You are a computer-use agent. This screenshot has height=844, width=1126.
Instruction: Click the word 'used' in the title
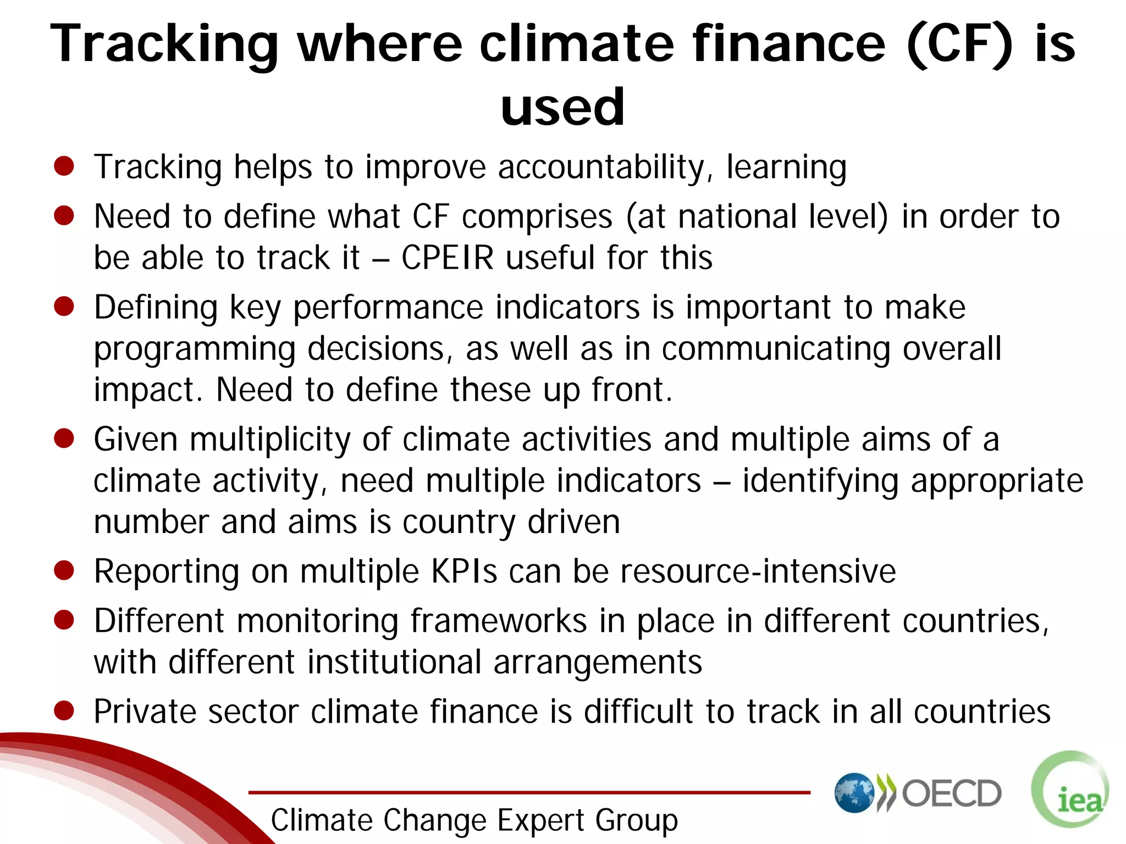click(562, 107)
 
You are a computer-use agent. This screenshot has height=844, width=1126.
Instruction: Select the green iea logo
click(1070, 790)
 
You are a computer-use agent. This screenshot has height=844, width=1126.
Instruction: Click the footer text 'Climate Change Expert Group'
click(474, 820)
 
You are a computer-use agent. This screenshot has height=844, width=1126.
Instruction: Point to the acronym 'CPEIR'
click(448, 257)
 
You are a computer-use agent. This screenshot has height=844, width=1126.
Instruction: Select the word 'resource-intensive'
click(758, 571)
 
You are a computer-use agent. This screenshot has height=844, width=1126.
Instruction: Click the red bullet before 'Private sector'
click(64, 710)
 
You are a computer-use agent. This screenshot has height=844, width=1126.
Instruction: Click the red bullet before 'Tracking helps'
click(64, 166)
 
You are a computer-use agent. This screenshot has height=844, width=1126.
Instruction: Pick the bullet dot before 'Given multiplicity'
click(64, 438)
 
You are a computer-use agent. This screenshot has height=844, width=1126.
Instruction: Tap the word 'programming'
click(195, 349)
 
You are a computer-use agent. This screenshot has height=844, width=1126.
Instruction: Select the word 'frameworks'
click(499, 621)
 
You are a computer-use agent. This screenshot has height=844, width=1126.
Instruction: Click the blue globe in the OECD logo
click(854, 793)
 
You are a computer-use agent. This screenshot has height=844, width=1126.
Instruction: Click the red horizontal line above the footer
click(529, 792)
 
